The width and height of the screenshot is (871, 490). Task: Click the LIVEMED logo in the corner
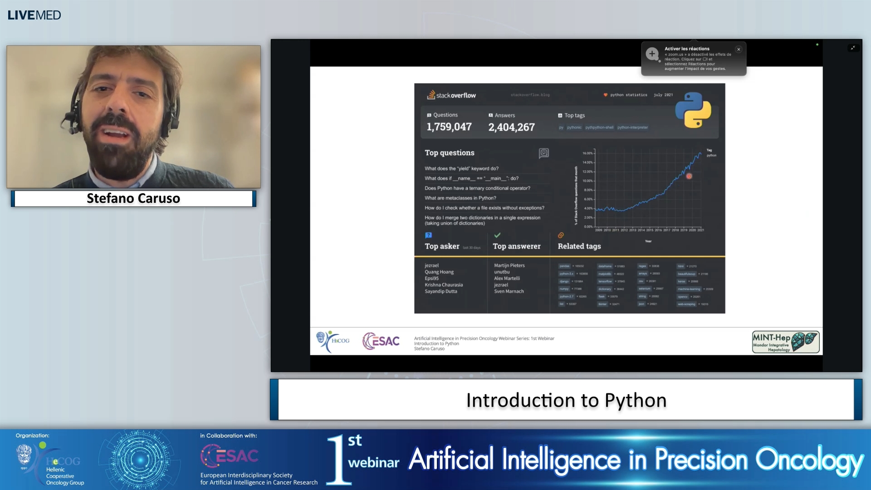pyautogui.click(x=34, y=15)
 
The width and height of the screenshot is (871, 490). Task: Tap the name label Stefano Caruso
pyautogui.click(x=133, y=198)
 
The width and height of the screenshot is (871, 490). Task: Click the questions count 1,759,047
pyautogui.click(x=449, y=127)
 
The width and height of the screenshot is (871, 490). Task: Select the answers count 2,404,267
pyautogui.click(x=511, y=127)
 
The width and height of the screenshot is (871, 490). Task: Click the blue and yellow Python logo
pyautogui.click(x=693, y=110)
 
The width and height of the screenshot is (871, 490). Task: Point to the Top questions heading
pyautogui.click(x=449, y=153)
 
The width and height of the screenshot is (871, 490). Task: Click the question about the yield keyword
pyautogui.click(x=461, y=168)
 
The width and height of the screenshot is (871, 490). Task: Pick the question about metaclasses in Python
pyautogui.click(x=460, y=198)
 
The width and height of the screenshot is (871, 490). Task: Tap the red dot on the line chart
pyautogui.click(x=689, y=176)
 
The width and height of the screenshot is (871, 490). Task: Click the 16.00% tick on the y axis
pyautogui.click(x=587, y=153)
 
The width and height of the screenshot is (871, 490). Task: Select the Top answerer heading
pyautogui.click(x=516, y=246)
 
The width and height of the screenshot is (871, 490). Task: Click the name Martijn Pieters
pyautogui.click(x=509, y=265)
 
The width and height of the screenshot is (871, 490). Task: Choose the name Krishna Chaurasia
pyautogui.click(x=444, y=285)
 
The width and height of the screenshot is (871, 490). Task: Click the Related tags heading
pyautogui.click(x=579, y=246)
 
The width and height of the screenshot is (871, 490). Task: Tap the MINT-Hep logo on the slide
pyautogui.click(x=785, y=342)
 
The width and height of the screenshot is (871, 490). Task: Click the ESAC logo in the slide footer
pyautogui.click(x=381, y=341)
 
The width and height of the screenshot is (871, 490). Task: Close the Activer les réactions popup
pyautogui.click(x=739, y=49)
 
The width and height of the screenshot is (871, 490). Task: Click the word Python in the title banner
pyautogui.click(x=635, y=400)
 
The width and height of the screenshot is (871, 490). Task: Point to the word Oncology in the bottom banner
pyautogui.click(x=809, y=460)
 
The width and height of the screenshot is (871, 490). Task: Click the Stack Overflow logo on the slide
pyautogui.click(x=451, y=95)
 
